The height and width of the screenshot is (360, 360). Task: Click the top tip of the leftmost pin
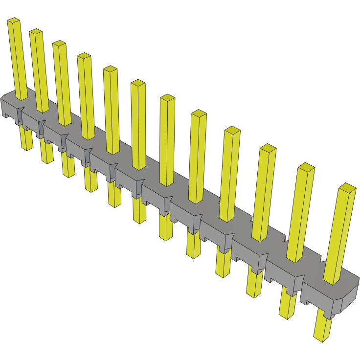point(13,21)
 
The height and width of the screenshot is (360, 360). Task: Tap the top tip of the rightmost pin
point(348,188)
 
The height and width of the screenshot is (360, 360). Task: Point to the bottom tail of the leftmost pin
point(26,142)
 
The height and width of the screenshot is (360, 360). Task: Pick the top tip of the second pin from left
point(36,32)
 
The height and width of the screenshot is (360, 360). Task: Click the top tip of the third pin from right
point(268,148)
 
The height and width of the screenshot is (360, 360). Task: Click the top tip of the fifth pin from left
point(110,69)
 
